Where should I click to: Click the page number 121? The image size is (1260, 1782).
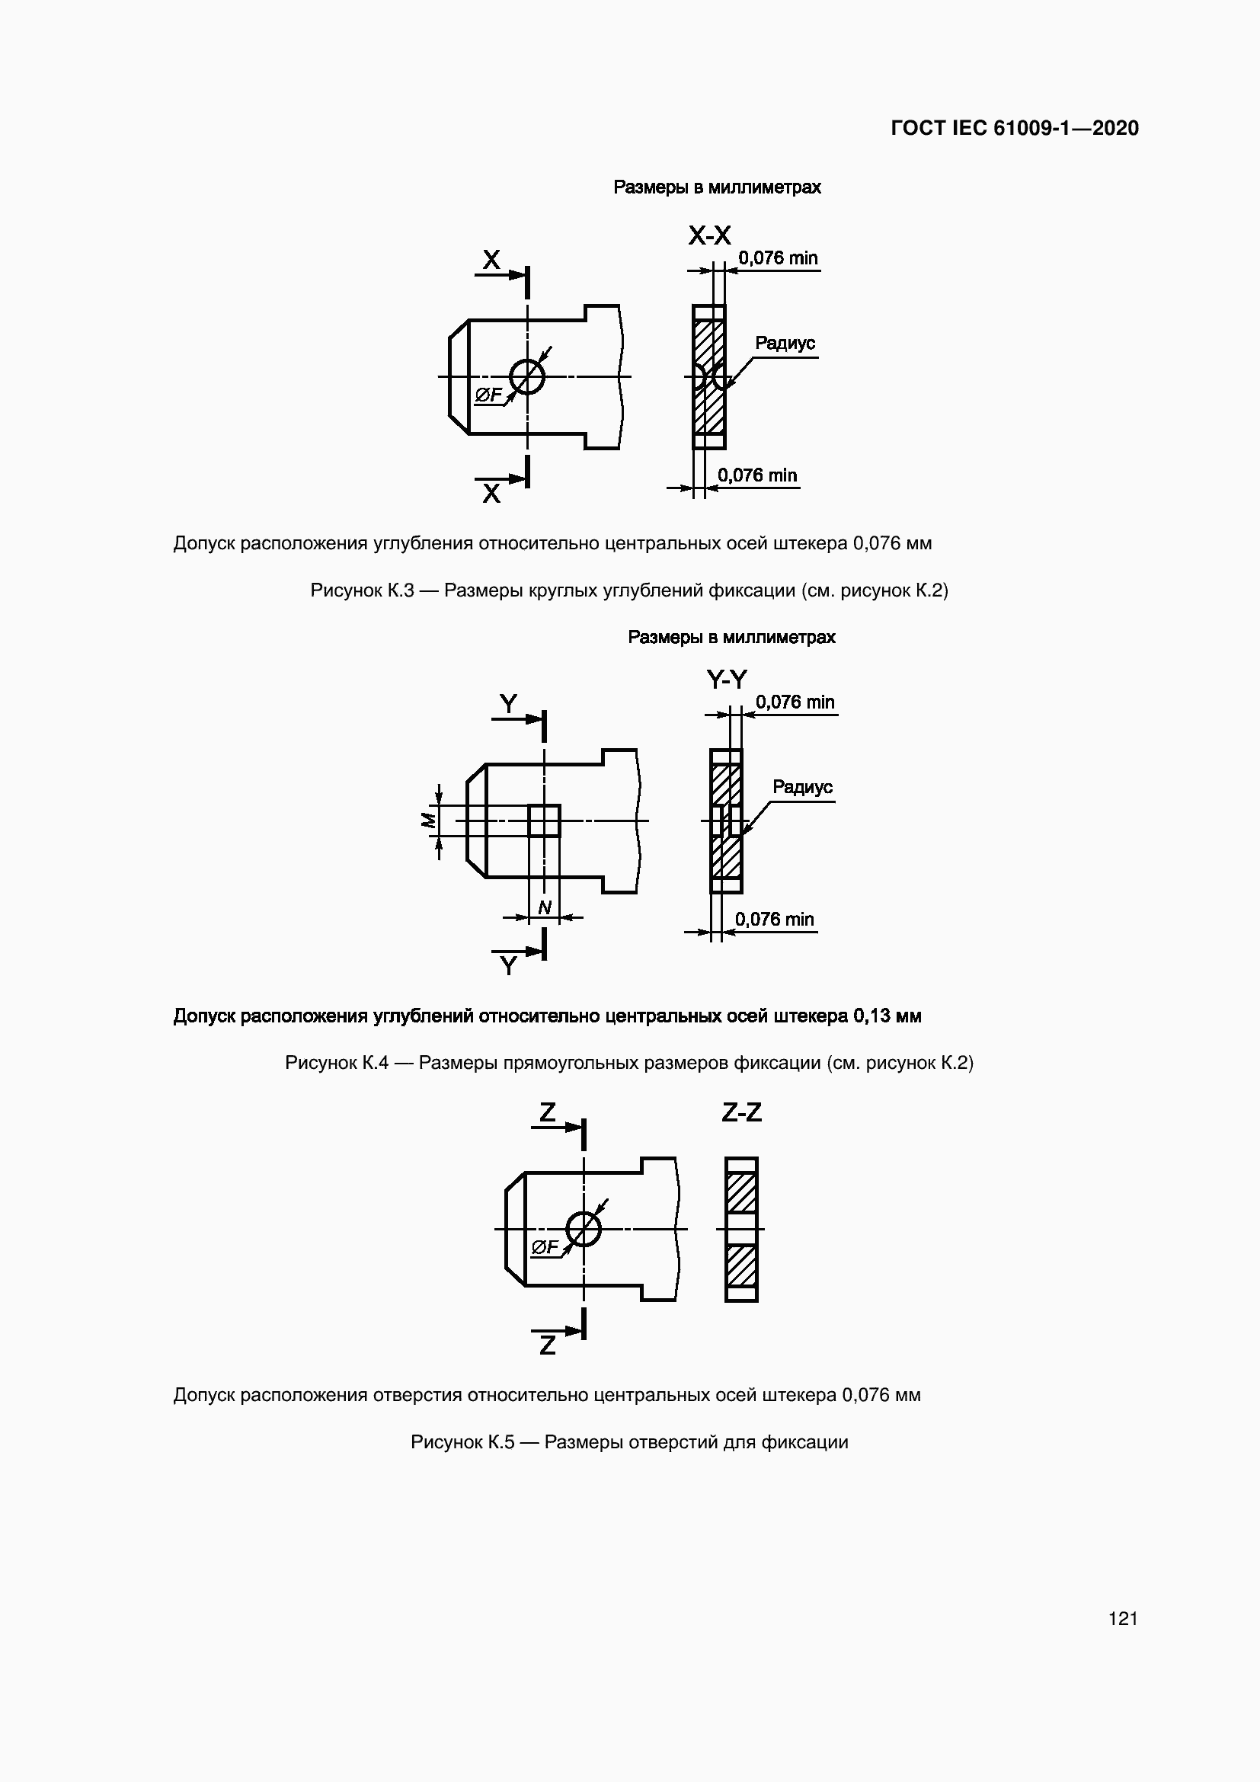click(1123, 1618)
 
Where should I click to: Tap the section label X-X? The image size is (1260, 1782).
click(709, 235)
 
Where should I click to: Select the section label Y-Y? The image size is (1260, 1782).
click(726, 680)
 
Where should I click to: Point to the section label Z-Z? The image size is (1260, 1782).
click(741, 1113)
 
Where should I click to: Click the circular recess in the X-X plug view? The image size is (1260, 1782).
click(527, 376)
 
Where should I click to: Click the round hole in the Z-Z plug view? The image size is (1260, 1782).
click(584, 1229)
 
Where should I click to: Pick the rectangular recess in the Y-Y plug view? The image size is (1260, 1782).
click(545, 821)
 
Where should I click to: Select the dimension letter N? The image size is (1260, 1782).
click(545, 907)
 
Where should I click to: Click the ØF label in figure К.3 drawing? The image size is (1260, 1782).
click(488, 396)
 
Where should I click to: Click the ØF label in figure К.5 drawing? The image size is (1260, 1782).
click(545, 1247)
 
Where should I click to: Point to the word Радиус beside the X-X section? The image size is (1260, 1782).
click(785, 343)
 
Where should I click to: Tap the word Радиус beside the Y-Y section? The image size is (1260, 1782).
click(802, 787)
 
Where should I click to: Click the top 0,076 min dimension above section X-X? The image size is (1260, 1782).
click(778, 258)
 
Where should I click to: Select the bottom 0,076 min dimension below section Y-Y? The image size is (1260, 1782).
click(774, 919)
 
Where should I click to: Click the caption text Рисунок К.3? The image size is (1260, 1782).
click(362, 590)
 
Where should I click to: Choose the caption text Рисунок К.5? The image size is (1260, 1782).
click(462, 1442)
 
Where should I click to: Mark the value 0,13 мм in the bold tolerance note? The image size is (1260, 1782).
click(887, 1016)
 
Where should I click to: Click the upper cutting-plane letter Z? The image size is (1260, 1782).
click(548, 1112)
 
